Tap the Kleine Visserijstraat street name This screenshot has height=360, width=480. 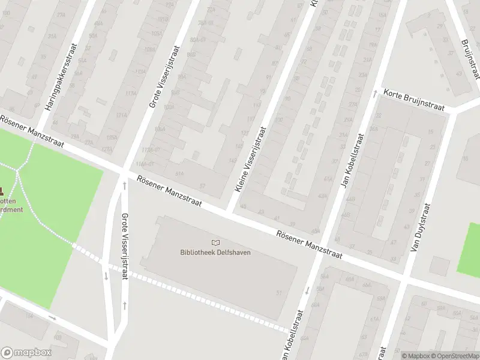[x=250, y=160]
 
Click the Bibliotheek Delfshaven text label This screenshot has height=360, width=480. [x=215, y=252]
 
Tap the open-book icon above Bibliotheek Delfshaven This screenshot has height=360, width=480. [x=215, y=242]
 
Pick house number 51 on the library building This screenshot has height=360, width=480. [x=278, y=293]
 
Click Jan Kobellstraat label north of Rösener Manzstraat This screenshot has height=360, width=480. [x=352, y=160]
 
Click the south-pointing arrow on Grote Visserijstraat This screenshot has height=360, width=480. [x=106, y=275]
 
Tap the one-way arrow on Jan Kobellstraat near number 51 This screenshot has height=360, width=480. [x=307, y=290]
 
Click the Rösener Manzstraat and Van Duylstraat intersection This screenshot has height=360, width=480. [x=406, y=279]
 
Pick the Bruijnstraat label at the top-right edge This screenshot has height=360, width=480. [x=470, y=59]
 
